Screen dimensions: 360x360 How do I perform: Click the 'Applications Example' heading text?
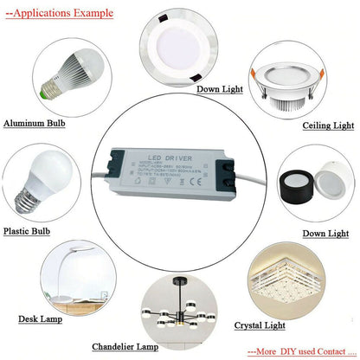click(x=59, y=13)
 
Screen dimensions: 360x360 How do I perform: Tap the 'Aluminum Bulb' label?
click(x=35, y=124)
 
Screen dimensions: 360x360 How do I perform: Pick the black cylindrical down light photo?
click(x=311, y=189)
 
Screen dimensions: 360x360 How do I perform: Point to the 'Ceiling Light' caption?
click(x=328, y=125)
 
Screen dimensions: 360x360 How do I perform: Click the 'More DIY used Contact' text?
click(x=298, y=352)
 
